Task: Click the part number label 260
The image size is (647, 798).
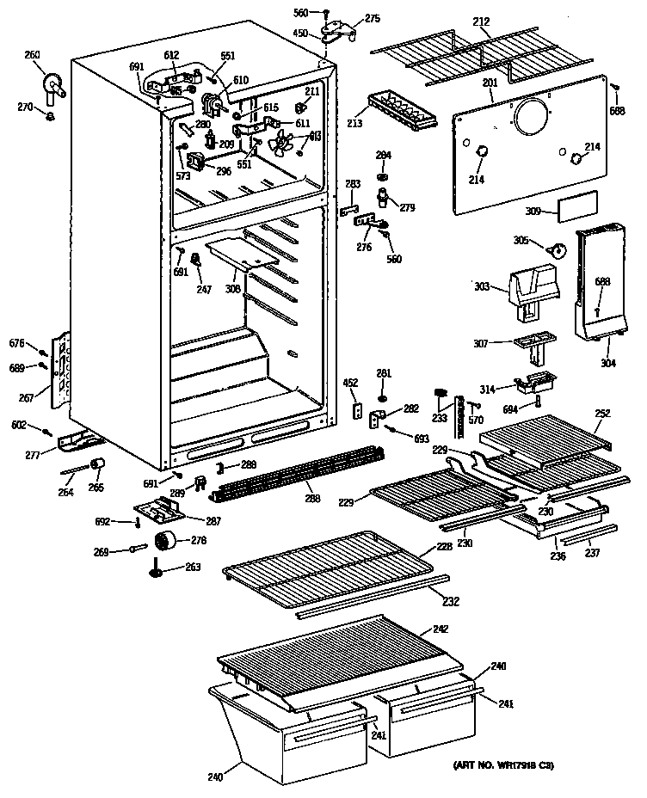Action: point(32,56)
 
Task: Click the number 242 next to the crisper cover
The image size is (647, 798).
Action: point(441,629)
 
